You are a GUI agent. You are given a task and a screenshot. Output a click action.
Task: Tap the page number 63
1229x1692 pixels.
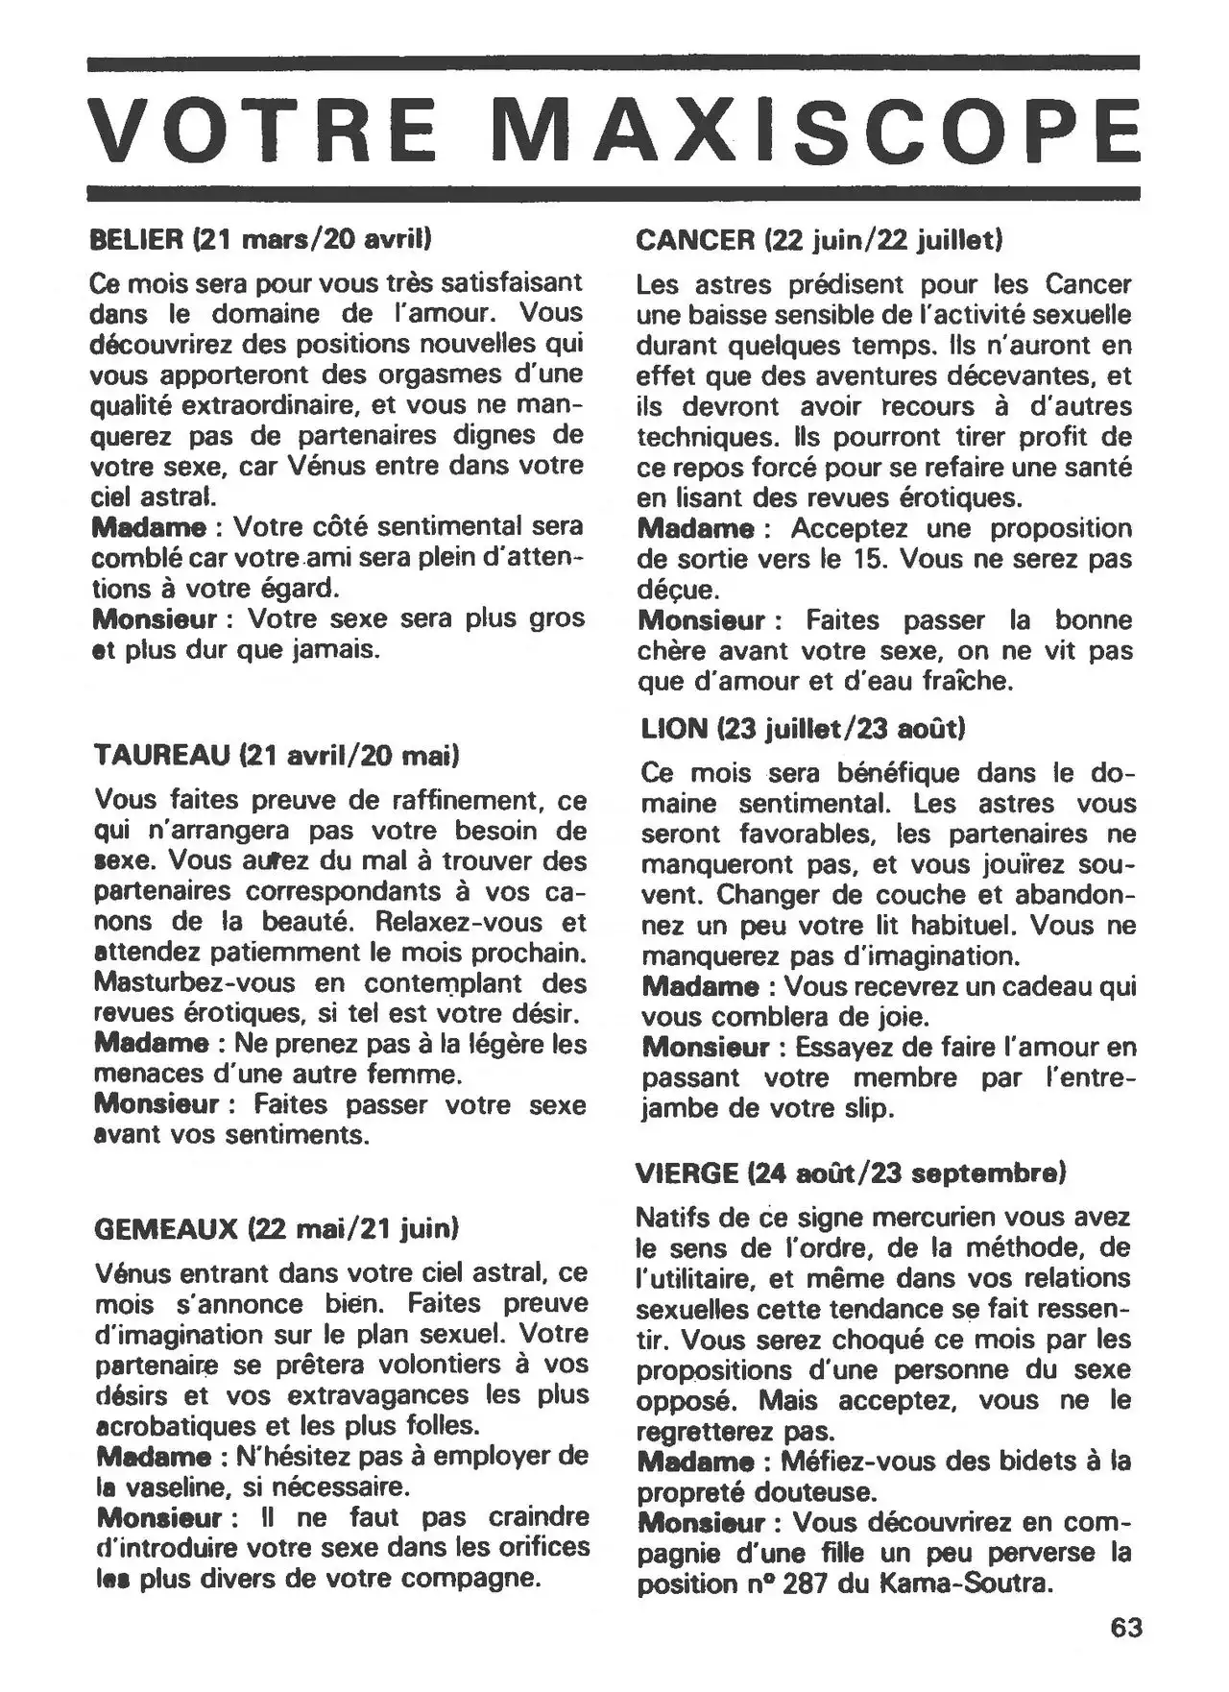tap(1126, 1628)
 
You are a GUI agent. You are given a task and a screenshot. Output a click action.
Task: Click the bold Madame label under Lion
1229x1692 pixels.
tap(700, 986)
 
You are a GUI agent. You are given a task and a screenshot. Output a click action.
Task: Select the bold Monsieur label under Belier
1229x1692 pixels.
tap(155, 619)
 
